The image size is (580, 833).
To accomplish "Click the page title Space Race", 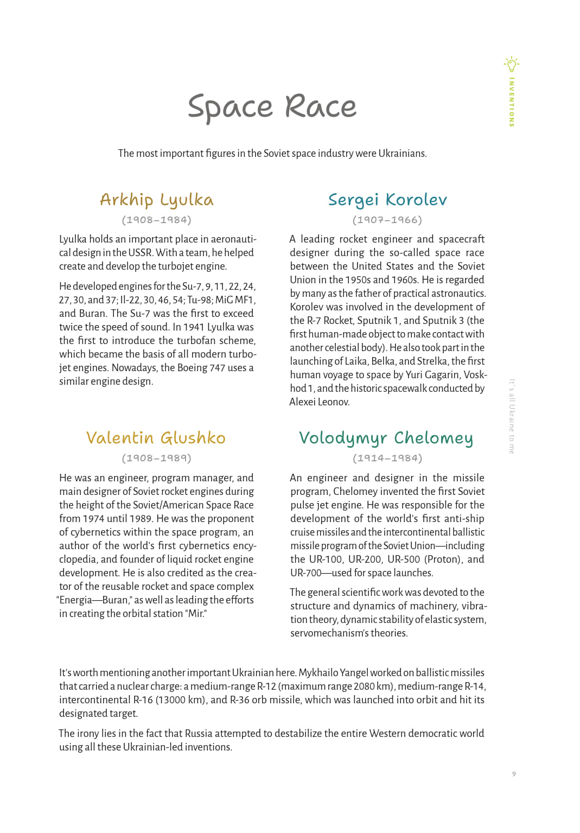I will [x=272, y=107].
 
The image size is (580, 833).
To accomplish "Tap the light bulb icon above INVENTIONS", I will [x=511, y=65].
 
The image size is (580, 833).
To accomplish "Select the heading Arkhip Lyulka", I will [x=157, y=200].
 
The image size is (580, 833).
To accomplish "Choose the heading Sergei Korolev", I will [x=387, y=200].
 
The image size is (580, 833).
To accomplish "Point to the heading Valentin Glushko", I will [x=156, y=438].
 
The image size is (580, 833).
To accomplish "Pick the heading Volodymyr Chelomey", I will [x=386, y=438].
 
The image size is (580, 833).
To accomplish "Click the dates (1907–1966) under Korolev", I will [x=387, y=220].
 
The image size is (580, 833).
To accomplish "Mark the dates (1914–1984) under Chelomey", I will [x=387, y=458].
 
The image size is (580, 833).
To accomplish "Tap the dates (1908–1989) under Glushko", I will [x=156, y=458].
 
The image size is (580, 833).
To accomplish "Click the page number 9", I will [x=514, y=774].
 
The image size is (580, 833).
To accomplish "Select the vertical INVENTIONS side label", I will [x=512, y=102].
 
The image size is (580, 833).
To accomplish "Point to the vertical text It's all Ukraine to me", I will [x=512, y=416].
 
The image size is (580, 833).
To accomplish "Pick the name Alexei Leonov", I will [x=320, y=402].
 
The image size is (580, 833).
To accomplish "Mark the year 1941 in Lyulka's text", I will [x=194, y=327].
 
